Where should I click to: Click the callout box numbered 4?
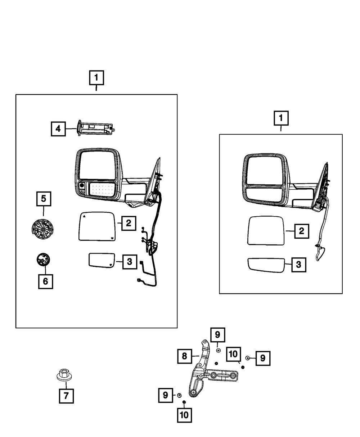[58, 129]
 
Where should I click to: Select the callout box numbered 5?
[44, 199]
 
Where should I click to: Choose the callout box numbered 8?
[184, 356]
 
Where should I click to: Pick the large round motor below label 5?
[42, 229]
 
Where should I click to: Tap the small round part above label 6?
[43, 260]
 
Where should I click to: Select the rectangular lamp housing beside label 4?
[96, 128]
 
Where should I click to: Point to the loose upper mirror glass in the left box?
[97, 226]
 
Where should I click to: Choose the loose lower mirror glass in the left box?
[102, 260]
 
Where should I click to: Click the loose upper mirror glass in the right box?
[266, 231]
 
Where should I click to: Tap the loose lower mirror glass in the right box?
[266, 265]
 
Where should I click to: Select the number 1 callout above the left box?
[96, 78]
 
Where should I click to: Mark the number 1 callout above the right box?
[281, 118]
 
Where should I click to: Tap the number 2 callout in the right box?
[302, 231]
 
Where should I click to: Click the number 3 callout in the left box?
[130, 262]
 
